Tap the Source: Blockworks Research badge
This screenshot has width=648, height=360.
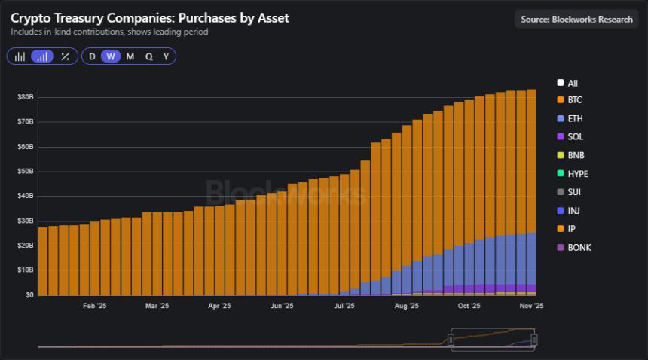click(x=576, y=19)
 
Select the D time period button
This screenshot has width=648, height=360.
click(x=92, y=56)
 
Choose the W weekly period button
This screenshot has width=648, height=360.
click(x=111, y=56)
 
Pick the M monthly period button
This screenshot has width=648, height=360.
click(x=130, y=56)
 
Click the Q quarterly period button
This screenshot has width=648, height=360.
click(x=148, y=56)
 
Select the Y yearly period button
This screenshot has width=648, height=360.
click(x=166, y=56)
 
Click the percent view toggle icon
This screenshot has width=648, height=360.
click(x=65, y=56)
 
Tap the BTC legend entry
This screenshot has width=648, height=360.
click(x=574, y=100)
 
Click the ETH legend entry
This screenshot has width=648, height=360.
click(x=574, y=119)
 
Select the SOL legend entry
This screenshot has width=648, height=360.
click(x=574, y=137)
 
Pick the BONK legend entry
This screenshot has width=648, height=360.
click(x=579, y=247)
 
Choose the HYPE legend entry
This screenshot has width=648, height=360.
click(x=577, y=174)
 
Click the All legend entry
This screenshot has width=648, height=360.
click(x=572, y=83)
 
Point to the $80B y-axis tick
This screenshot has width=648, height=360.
click(x=25, y=97)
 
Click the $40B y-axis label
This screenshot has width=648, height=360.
click(x=25, y=196)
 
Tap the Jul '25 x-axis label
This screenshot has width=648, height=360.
click(x=344, y=307)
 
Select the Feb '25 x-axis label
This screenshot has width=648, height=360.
click(x=94, y=307)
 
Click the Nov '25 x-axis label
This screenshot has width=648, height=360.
click(x=531, y=307)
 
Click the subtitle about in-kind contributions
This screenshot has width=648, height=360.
click(x=109, y=32)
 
